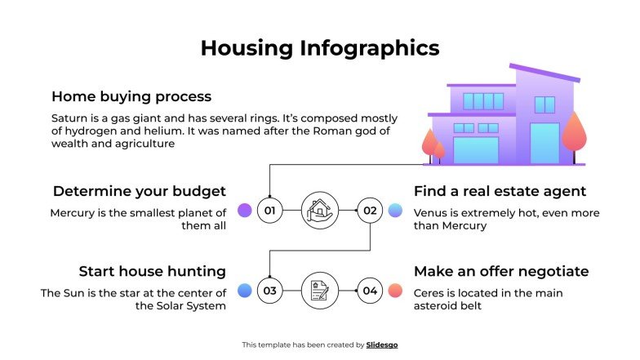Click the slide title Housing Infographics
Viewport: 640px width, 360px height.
pyautogui.click(x=320, y=48)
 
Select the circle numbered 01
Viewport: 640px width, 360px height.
pyautogui.click(x=270, y=211)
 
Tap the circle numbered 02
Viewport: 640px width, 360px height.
pyautogui.click(x=371, y=211)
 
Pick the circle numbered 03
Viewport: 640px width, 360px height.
pyautogui.click(x=270, y=290)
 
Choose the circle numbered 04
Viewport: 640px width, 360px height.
pyautogui.click(x=371, y=290)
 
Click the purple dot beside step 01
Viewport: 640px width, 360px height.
pyautogui.click(x=244, y=211)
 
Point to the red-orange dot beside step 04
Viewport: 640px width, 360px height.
pyautogui.click(x=395, y=290)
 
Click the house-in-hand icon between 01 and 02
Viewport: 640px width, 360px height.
pyautogui.click(x=320, y=211)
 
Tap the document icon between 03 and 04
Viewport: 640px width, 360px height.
pyautogui.click(x=320, y=290)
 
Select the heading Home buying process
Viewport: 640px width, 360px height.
pyautogui.click(x=131, y=96)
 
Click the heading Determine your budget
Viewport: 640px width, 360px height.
pyautogui.click(x=139, y=192)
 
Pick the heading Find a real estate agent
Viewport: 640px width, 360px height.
pyautogui.click(x=500, y=192)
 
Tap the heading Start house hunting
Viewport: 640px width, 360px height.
pyautogui.click(x=152, y=271)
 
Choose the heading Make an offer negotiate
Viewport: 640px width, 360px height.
pyautogui.click(x=501, y=271)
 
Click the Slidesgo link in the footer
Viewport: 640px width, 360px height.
pyautogui.click(x=382, y=345)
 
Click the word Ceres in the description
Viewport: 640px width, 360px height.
pyautogui.click(x=429, y=293)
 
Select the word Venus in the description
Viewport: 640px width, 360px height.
pyautogui.click(x=431, y=213)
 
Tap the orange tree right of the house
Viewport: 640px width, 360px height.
pyautogui.click(x=575, y=131)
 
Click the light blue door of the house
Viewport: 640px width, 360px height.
pyautogui.click(x=544, y=144)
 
